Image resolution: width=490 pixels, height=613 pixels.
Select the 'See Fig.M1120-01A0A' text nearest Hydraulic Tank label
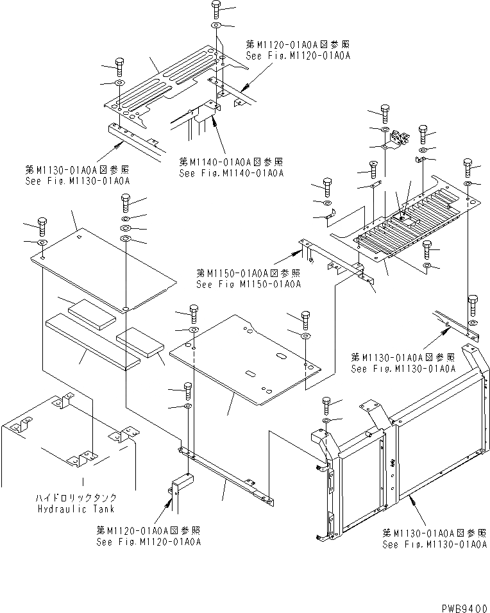tap(149, 542)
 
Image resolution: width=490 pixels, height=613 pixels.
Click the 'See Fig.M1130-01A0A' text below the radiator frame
tap(435, 544)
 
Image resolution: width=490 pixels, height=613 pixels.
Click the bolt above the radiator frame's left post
tap(326, 404)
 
